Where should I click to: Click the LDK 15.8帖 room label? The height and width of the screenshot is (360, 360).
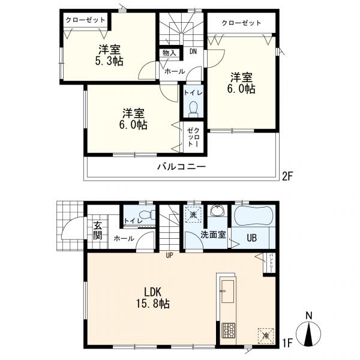click(153, 298)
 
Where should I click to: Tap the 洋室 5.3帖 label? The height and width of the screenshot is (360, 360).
click(109, 55)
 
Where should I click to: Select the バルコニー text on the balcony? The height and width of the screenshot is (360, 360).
click(181, 167)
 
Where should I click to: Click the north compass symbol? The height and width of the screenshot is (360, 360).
click(308, 333)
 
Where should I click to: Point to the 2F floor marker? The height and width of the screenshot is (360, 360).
click(287, 176)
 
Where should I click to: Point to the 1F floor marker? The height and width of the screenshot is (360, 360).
click(287, 343)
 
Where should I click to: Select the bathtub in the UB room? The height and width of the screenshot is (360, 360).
click(253, 216)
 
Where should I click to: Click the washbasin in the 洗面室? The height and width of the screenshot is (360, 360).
click(217, 211)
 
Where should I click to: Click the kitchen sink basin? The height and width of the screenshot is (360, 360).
click(227, 292)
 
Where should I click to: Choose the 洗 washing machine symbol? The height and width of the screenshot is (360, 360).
click(193, 215)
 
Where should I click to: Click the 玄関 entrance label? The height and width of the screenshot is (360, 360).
click(98, 231)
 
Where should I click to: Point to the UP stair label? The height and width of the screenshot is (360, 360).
click(169, 256)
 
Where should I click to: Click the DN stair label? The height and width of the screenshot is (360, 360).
click(193, 52)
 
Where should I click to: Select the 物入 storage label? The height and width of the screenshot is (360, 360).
click(169, 53)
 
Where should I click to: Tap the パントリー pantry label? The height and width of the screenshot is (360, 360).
click(271, 263)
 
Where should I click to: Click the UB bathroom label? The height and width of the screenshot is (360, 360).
click(251, 238)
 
